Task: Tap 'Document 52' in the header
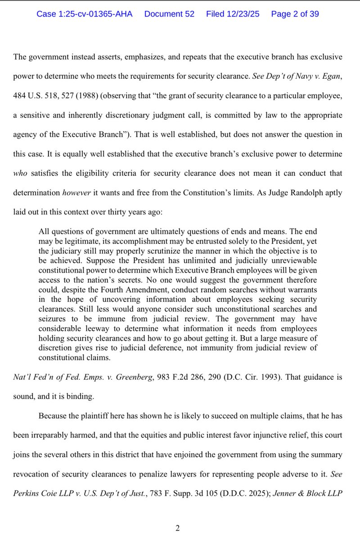(x=169, y=14)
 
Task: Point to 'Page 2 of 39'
(x=295, y=14)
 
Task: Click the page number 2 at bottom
(x=178, y=528)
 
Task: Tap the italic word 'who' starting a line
(x=21, y=173)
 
